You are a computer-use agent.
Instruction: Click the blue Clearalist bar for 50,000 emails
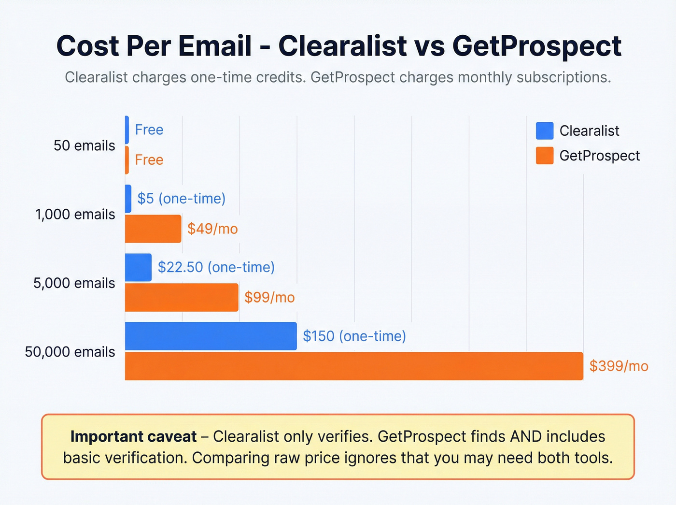[x=211, y=336]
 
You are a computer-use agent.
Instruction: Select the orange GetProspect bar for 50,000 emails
[x=354, y=366]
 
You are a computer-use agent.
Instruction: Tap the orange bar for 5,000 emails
[x=182, y=297]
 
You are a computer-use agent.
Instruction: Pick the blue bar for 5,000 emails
[x=138, y=267]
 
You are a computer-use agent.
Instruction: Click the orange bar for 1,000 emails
[x=153, y=229]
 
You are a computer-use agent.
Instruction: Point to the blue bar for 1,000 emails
[x=128, y=199]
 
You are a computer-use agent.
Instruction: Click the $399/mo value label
[x=619, y=366]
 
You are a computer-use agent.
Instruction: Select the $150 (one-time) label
[x=354, y=336]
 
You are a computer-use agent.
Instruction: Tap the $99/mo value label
[x=269, y=297]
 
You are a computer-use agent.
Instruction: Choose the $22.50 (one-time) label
[x=216, y=267]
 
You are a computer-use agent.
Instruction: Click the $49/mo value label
[x=212, y=229]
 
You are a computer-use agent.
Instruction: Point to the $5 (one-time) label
[x=181, y=199]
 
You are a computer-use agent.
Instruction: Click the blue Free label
[x=149, y=130]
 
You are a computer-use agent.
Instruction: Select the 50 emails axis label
[x=84, y=145]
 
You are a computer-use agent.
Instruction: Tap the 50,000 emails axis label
[x=70, y=352]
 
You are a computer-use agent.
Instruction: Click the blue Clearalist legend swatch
[x=545, y=130]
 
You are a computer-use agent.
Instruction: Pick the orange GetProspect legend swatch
[x=545, y=156]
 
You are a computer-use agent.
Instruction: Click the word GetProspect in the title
[x=536, y=46]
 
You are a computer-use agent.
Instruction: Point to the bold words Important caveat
[x=133, y=436]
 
